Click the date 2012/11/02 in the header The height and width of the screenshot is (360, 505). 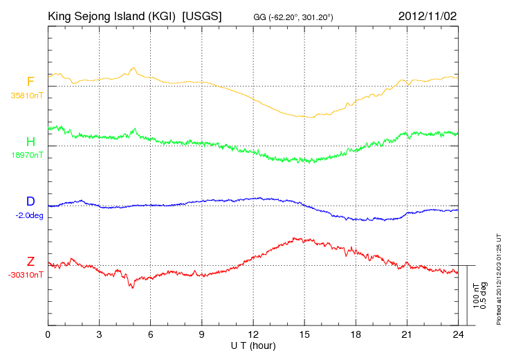point(428,16)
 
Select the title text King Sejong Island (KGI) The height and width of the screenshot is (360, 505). point(112,16)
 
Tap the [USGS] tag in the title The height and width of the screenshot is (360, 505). point(202,16)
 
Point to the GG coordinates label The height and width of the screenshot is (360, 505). point(293,17)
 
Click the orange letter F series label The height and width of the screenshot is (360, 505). point(30,82)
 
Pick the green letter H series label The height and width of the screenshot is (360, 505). point(30,141)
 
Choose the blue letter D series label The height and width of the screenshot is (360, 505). point(30,201)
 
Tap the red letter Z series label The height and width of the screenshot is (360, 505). point(30,261)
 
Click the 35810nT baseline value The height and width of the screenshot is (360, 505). point(27,96)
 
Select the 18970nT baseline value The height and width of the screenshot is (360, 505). point(27,155)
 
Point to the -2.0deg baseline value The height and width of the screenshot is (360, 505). point(29,215)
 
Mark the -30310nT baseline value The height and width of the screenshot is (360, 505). point(26,275)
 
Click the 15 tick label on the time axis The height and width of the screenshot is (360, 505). point(304,334)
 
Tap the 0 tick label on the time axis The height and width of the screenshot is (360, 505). point(48,334)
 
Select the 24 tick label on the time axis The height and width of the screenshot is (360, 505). point(458,334)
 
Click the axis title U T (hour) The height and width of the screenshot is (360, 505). point(253,346)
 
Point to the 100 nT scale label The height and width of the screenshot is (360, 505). point(476,296)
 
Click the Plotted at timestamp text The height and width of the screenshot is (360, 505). point(499,279)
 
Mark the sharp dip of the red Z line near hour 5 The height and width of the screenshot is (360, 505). point(132,287)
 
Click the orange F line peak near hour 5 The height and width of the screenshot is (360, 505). point(133,68)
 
